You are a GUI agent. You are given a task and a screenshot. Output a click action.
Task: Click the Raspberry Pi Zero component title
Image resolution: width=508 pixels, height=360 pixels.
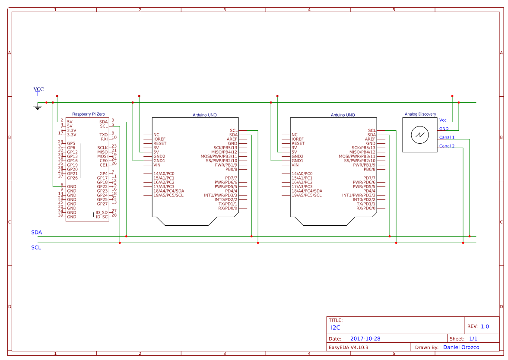point(88,114)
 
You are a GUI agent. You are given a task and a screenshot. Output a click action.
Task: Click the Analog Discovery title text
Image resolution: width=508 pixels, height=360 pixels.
point(420,114)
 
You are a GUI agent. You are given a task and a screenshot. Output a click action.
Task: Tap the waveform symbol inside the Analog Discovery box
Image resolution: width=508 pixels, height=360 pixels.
point(419,136)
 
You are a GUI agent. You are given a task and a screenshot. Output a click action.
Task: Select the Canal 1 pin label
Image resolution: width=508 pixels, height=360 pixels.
point(447,137)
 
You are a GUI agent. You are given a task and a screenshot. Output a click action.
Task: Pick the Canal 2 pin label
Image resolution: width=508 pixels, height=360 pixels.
point(447,146)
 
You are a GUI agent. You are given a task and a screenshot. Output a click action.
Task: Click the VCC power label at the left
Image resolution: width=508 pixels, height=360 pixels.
point(38,89)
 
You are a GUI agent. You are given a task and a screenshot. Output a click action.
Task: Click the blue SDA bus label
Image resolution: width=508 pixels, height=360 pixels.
point(36,232)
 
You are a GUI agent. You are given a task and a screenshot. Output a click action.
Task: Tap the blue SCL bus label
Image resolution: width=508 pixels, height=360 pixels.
point(36,248)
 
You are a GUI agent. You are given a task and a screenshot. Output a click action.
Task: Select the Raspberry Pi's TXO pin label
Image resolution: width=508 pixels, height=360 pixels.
point(104,135)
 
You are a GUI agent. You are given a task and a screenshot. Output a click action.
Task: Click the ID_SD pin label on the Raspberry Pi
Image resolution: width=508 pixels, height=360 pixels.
point(102,212)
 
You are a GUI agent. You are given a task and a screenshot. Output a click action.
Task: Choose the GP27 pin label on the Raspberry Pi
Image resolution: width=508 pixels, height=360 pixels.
point(102,204)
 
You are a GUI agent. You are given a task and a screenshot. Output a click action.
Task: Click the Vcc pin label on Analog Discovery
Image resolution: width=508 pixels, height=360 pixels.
point(443,120)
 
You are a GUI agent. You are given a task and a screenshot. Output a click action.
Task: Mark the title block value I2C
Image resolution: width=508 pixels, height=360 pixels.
point(335,328)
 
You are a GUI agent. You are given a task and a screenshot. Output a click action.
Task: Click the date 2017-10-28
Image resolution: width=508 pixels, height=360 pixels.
point(365,339)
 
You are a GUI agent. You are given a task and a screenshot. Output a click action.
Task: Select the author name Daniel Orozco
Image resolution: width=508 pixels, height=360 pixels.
point(461,347)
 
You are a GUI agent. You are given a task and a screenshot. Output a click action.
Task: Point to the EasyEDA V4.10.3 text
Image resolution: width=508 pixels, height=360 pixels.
point(349,347)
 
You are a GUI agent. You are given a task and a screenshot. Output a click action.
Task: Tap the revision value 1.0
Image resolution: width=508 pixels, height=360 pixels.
point(484,326)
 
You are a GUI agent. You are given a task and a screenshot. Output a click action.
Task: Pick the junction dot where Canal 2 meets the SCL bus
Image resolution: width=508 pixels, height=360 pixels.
point(463,243)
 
